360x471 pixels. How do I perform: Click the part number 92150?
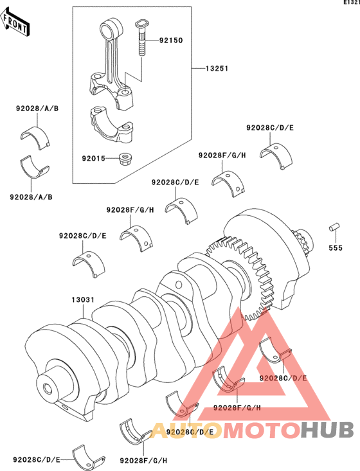[171, 40]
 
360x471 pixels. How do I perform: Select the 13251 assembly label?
[217, 69]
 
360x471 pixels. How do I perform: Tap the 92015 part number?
[94, 158]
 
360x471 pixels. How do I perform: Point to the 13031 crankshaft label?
[83, 300]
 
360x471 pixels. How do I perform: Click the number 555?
[336, 248]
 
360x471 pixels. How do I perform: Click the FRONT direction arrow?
[14, 22]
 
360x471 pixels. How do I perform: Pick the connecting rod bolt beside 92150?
[141, 38]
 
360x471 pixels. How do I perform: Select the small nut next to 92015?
[125, 159]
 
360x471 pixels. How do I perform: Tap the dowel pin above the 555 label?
[334, 227]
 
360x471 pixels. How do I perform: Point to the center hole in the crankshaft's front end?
[48, 388]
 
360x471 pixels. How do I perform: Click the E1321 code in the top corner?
[352, 3]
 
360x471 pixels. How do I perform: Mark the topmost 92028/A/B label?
[37, 109]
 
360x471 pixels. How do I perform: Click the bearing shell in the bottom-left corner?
[89, 458]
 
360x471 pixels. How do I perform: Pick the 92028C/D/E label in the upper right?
[270, 128]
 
